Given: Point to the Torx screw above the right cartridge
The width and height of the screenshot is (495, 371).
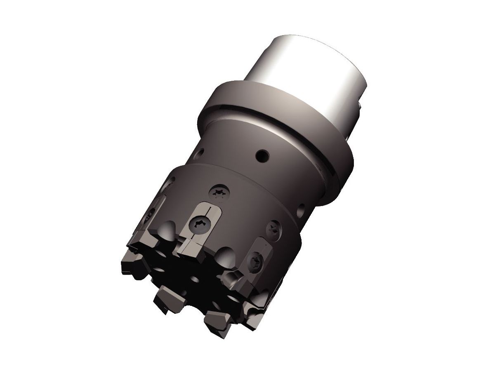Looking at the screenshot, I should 273,229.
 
